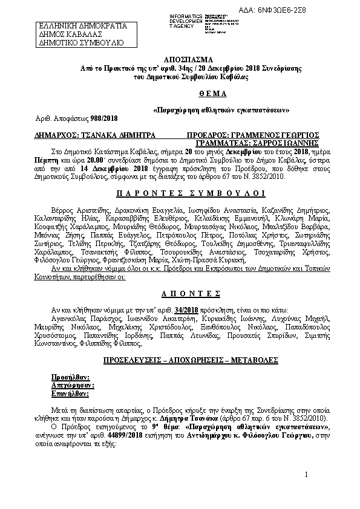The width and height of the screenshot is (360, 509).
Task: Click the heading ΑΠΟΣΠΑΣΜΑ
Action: point(180,61)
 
